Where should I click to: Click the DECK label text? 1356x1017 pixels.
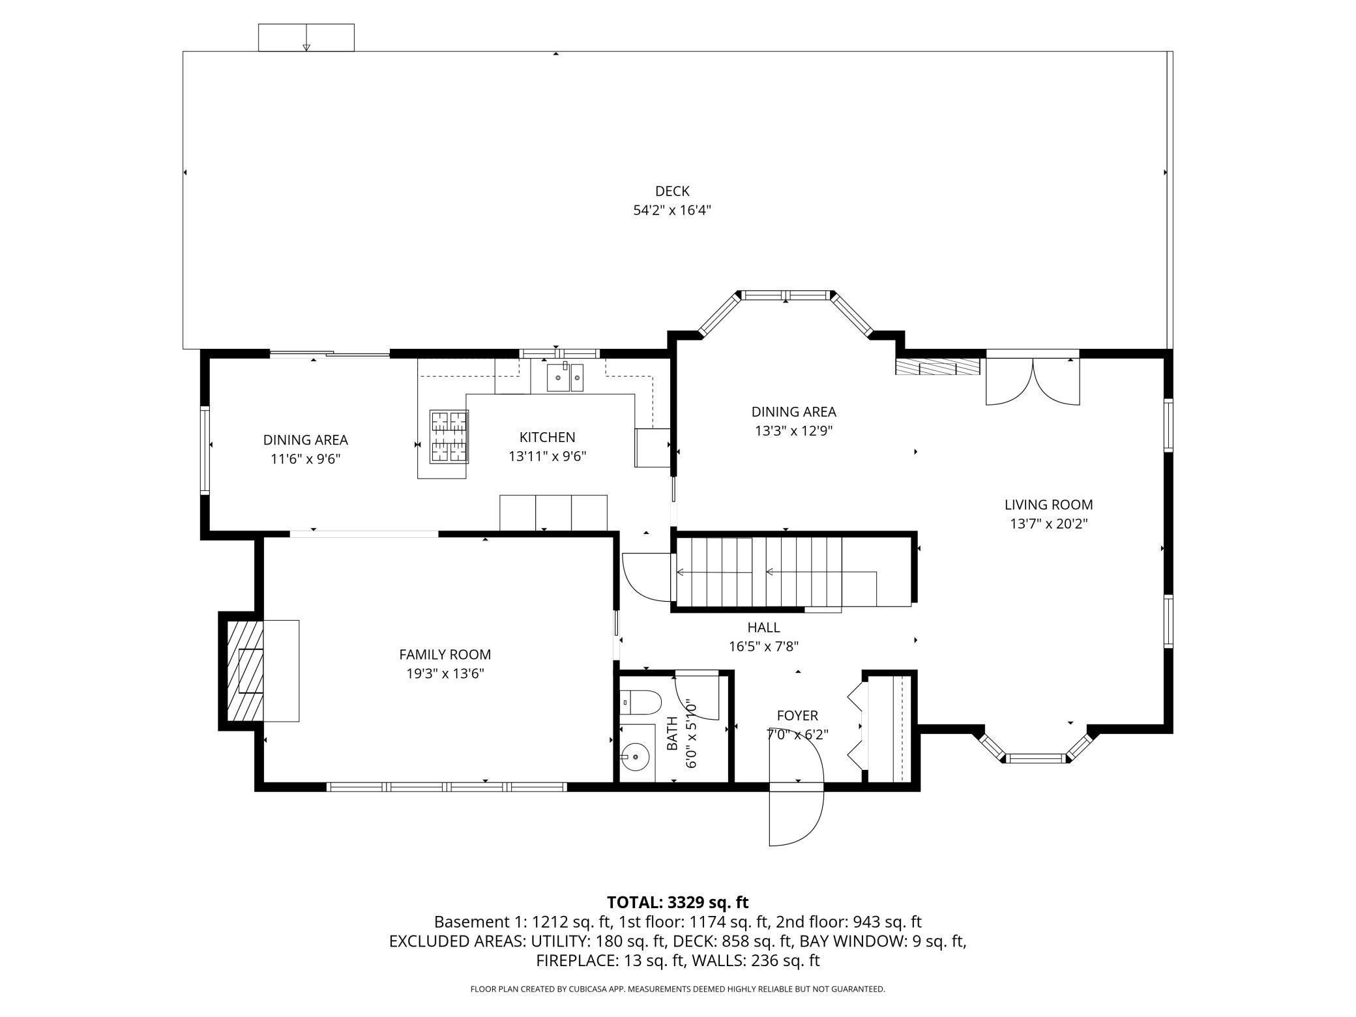[672, 191]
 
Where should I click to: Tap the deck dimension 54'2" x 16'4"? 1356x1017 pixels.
[672, 211]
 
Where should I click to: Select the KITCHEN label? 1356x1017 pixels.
[547, 437]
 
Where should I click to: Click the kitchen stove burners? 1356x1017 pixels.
[449, 437]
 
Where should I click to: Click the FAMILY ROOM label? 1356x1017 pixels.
[445, 655]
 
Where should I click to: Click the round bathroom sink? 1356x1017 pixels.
[634, 758]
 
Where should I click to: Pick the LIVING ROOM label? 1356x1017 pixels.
[1048, 505]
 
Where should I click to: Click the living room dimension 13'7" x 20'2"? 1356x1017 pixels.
[1048, 523]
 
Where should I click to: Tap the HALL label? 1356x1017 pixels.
[763, 628]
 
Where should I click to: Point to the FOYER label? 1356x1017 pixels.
[797, 716]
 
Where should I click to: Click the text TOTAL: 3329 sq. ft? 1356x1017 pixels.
[677, 902]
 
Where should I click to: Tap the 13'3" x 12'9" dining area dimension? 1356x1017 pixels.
[793, 431]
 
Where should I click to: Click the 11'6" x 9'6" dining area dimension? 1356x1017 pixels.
[305, 459]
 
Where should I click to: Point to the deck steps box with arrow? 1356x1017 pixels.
[306, 37]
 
